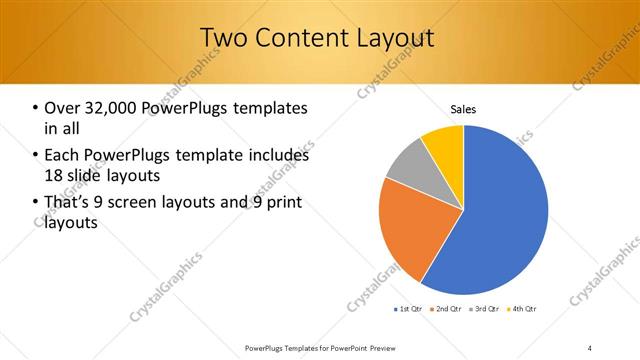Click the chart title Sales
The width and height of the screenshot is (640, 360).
pyautogui.click(x=463, y=108)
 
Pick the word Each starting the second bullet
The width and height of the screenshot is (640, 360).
pyautogui.click(x=62, y=155)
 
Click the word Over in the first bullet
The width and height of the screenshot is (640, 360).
pyautogui.click(x=62, y=108)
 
